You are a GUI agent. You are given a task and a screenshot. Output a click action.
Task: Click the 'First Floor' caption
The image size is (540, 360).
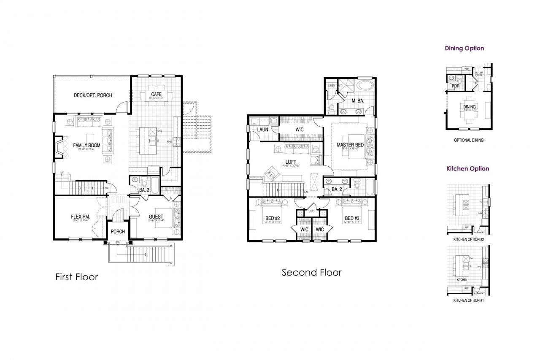(77, 277)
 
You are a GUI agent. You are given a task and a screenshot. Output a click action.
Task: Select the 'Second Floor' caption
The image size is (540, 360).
(311, 273)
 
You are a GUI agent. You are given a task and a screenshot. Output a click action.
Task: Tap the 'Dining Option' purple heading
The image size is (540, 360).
(464, 49)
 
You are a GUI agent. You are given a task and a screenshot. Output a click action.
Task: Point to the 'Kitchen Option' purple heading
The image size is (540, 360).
(467, 169)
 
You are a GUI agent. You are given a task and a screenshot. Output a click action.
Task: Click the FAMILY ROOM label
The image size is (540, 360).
(86, 146)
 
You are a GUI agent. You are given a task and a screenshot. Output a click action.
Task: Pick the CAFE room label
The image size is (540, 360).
(157, 94)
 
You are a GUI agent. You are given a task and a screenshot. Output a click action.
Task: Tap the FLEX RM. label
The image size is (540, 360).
(80, 217)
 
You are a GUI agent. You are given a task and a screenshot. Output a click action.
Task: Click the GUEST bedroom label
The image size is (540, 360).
(156, 217)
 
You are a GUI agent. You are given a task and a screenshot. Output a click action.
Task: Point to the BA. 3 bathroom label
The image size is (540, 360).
(144, 190)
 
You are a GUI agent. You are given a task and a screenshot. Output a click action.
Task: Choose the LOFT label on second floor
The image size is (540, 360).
(291, 162)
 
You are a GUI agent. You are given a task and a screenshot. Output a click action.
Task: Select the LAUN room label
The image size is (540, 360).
(263, 130)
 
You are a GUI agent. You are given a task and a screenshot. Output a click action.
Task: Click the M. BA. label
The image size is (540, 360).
(358, 100)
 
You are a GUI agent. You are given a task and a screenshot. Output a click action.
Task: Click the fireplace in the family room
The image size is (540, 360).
(58, 146)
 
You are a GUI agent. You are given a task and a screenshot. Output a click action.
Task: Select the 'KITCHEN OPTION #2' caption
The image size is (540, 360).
(469, 239)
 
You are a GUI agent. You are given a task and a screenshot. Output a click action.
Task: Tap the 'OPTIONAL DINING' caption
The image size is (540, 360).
(469, 140)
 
